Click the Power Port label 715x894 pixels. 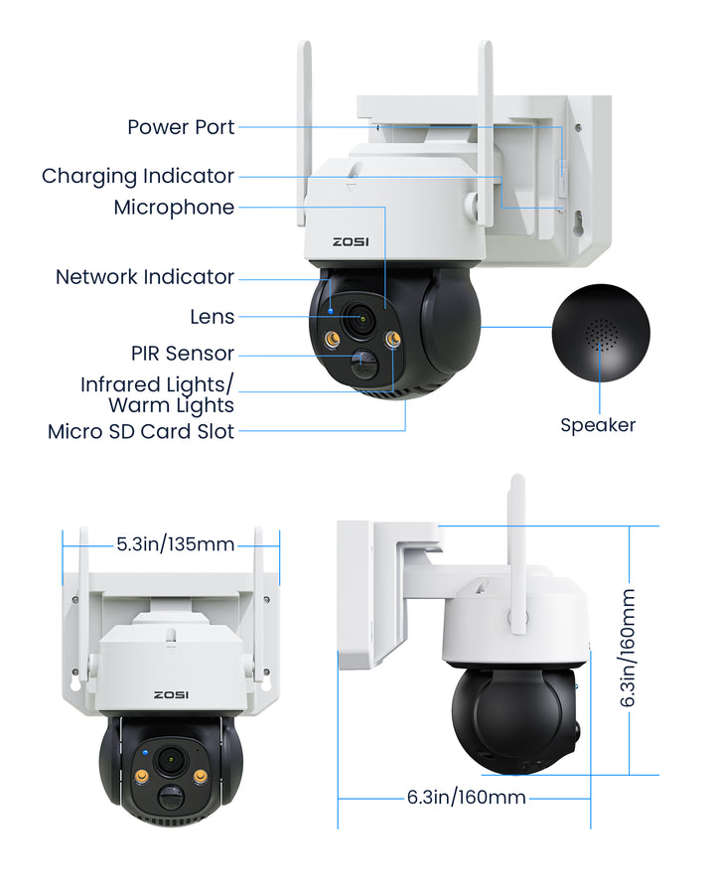coord(181,127)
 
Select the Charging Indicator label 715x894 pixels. coord(138,176)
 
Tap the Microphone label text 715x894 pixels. coord(174,208)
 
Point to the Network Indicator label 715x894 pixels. coord(145,277)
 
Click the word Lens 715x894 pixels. coord(213,317)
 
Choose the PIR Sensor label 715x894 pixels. coord(183,354)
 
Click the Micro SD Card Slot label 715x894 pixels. coord(141,432)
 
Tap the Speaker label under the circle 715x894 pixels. coord(598,425)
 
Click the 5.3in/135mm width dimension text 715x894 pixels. coord(176,544)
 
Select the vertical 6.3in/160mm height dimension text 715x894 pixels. coord(628,648)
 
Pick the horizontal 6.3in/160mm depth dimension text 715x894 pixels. coord(467,797)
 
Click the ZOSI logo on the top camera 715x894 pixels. coord(351,241)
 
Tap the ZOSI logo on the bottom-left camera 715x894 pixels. coord(171,695)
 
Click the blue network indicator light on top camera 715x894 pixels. coord(332,311)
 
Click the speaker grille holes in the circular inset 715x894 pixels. coord(601,336)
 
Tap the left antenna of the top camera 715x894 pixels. coord(303,133)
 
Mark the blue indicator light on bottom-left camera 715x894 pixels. coord(145,753)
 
